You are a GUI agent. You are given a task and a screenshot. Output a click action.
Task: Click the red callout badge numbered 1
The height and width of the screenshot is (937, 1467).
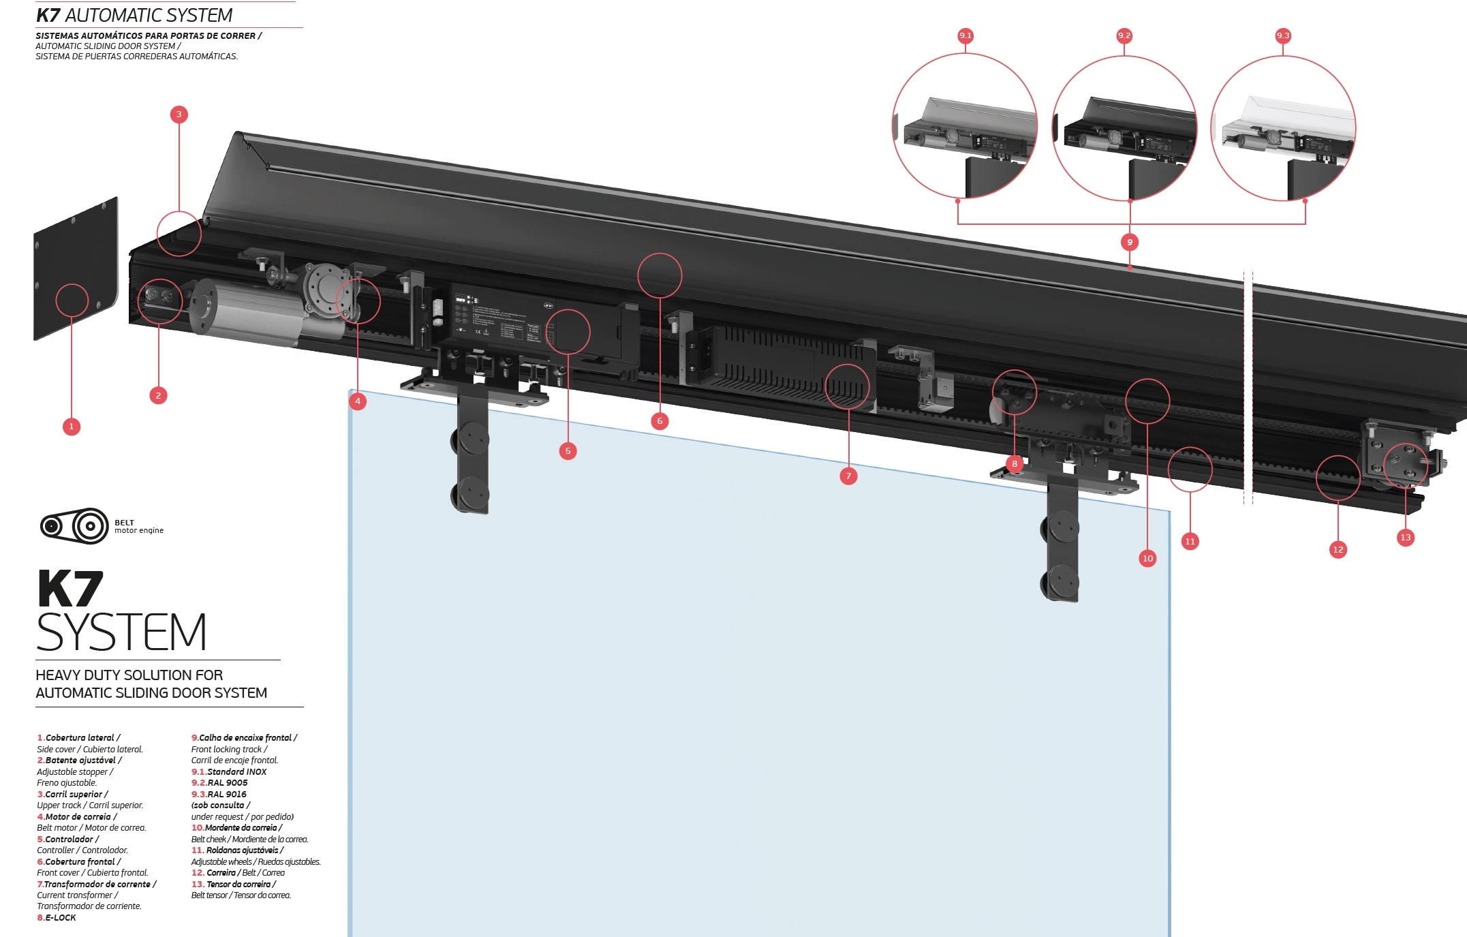coord(72,427)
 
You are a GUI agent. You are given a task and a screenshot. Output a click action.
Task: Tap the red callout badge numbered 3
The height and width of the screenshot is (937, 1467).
coord(179,114)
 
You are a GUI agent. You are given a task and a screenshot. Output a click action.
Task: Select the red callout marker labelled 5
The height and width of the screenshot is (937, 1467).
coord(568,450)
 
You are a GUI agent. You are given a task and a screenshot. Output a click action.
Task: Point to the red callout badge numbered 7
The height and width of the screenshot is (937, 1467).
coord(848,476)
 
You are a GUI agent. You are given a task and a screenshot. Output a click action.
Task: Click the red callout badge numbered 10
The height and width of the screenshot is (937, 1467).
coord(1147,558)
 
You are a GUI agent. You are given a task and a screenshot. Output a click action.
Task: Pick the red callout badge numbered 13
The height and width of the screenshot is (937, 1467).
coord(1405,537)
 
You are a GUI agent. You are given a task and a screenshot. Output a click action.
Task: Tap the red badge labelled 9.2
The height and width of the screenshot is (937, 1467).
coord(1124,35)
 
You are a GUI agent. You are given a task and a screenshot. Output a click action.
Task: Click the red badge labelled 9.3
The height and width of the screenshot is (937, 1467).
coord(1283,35)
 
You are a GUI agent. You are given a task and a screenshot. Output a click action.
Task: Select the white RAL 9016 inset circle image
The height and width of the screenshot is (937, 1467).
coord(1283,128)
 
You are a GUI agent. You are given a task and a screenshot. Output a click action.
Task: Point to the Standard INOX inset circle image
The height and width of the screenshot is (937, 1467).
coord(965,126)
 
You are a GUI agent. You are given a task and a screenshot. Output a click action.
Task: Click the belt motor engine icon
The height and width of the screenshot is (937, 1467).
coord(74,526)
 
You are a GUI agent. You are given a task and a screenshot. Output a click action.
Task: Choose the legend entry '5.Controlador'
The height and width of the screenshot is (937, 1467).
coord(68,839)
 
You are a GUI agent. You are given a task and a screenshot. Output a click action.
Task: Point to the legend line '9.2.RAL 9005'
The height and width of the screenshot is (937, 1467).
coord(219,782)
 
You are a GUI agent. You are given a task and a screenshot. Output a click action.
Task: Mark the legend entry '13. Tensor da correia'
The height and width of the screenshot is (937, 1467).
coord(234,884)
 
